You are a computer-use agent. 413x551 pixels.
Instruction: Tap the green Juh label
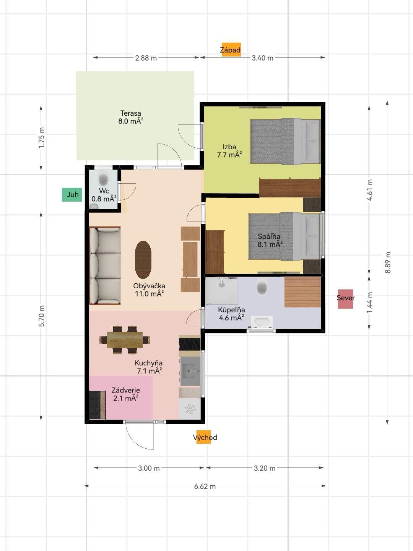[x=72, y=194]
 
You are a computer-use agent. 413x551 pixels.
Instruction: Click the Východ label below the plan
[x=205, y=437]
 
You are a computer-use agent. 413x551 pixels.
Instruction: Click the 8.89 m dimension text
[x=388, y=262]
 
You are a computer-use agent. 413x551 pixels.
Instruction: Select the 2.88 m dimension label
[x=146, y=58]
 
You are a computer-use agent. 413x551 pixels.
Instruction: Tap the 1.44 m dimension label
[x=370, y=302]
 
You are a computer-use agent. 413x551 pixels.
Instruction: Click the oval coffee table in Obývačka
[x=143, y=260]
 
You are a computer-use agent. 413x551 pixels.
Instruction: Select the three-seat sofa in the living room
[x=105, y=266]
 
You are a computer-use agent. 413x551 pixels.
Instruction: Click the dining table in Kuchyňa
[x=125, y=340]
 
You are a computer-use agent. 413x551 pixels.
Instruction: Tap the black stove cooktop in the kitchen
[x=190, y=344]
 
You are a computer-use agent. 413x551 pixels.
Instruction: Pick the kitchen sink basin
[x=190, y=371]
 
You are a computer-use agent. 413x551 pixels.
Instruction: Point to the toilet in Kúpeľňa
[x=262, y=288]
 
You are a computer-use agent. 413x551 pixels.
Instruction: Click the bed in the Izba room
[x=285, y=141]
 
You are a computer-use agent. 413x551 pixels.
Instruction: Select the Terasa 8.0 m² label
[x=131, y=117]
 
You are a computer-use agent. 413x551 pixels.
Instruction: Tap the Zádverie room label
[x=125, y=394]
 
